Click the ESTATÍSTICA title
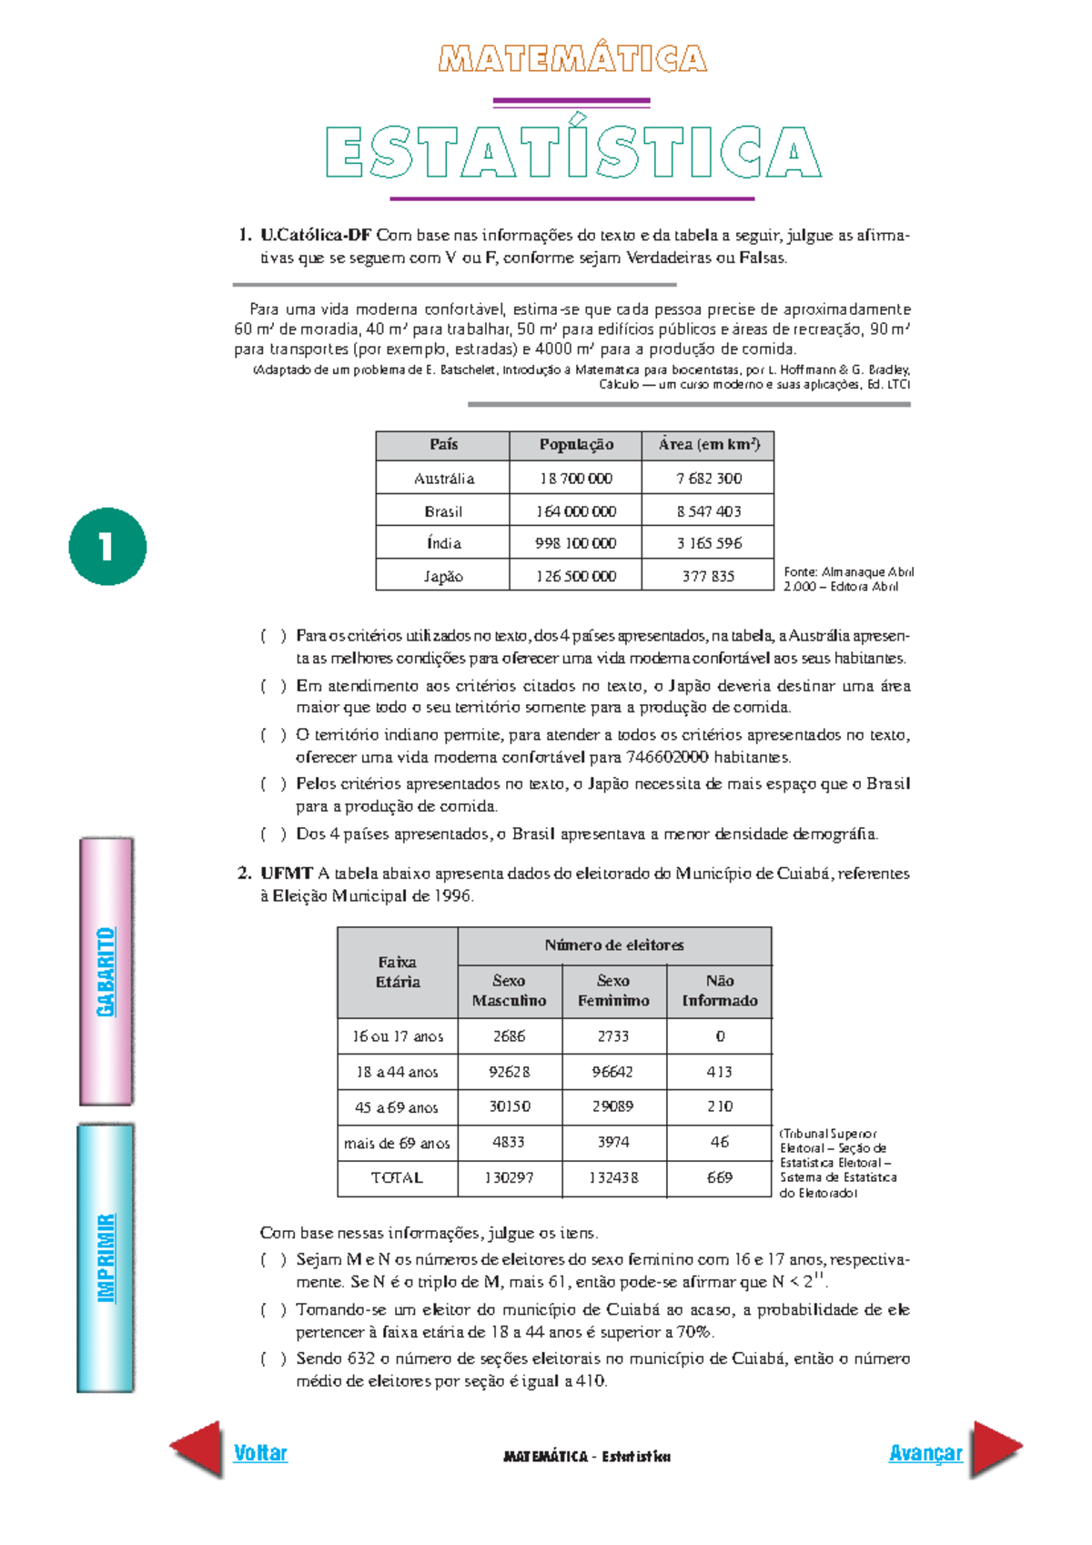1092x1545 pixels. [573, 152]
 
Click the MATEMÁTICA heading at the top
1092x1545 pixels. [572, 59]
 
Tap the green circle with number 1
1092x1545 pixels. [107, 546]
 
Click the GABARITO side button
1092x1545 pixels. [106, 972]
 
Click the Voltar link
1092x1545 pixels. [260, 1452]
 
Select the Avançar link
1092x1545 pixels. [925, 1452]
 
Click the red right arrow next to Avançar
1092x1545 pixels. [996, 1449]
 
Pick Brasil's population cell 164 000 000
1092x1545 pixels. [575, 511]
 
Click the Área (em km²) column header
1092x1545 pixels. [708, 445]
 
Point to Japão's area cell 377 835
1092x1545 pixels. [708, 576]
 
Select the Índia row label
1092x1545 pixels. [443, 543]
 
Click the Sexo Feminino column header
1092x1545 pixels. [613, 991]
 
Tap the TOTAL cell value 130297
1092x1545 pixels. [509, 1177]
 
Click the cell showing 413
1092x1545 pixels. [719, 1072]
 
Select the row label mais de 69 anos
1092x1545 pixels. [397, 1143]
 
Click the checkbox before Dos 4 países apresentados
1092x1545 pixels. [273, 834]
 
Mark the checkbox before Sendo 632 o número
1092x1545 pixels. [273, 1359]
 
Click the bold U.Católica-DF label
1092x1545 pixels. [316, 235]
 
